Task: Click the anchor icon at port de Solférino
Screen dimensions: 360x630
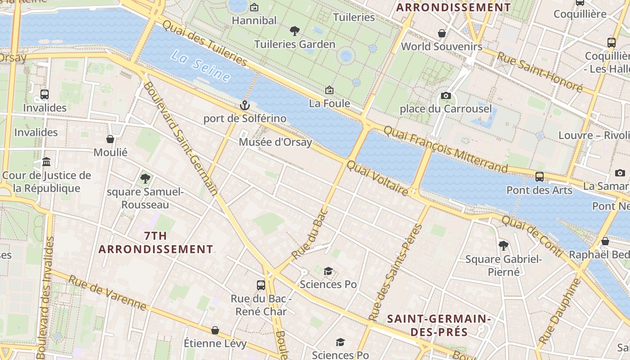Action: pyautogui.click(x=244, y=106)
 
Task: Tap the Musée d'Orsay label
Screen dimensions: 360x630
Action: pyautogui.click(x=275, y=142)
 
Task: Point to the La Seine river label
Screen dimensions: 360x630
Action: pyautogui.click(x=201, y=66)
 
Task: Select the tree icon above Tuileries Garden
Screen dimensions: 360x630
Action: pyautogui.click(x=295, y=31)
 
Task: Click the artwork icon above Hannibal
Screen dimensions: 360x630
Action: pyautogui.click(x=254, y=7)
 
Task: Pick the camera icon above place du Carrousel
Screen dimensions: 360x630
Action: pyautogui.click(x=446, y=95)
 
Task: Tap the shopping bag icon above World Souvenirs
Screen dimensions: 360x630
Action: pyautogui.click(x=442, y=33)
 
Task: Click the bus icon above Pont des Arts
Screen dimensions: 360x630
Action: pyautogui.click(x=540, y=177)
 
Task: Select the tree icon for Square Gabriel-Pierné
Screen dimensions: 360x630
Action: pyautogui.click(x=504, y=246)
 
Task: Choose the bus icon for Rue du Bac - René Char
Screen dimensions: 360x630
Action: pyautogui.click(x=261, y=285)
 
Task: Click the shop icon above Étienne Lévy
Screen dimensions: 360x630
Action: pyautogui.click(x=215, y=330)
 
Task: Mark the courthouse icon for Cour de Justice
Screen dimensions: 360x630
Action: pyautogui.click(x=46, y=162)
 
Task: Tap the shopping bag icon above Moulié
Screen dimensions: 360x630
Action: pyautogui.click(x=110, y=139)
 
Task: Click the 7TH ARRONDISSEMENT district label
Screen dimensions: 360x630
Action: pyautogui.click(x=156, y=243)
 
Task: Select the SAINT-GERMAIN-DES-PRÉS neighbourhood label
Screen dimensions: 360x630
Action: pyautogui.click(x=439, y=325)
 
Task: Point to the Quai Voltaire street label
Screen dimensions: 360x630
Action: pyautogui.click(x=378, y=179)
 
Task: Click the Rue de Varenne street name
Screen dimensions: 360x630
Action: pyautogui.click(x=108, y=293)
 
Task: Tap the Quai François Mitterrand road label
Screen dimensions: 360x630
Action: pyautogui.click(x=445, y=148)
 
